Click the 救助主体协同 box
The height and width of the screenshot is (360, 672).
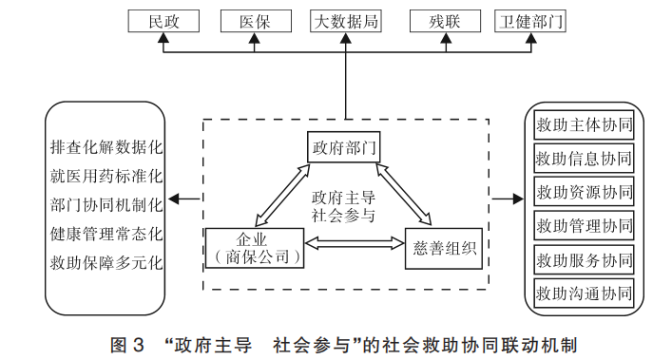point(584,125)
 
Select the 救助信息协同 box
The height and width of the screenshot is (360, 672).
point(584,158)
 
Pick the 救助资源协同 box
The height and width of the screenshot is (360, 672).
point(584,191)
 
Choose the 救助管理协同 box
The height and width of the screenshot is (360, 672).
point(584,225)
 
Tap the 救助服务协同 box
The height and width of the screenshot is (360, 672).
point(584,258)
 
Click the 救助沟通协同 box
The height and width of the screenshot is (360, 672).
point(584,292)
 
